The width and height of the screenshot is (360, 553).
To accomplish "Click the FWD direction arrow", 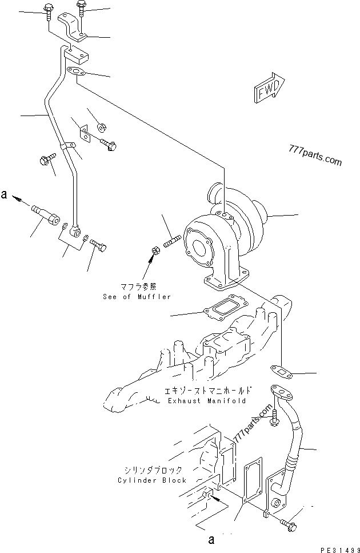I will pos(267,89).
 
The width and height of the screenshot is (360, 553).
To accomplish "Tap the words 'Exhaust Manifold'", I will pos(206,401).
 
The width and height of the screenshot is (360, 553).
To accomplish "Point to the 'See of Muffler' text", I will pos(137,297).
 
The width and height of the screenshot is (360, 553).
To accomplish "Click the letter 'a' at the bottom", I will pos(211,538).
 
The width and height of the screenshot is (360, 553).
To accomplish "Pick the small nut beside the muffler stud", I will pos(155,250).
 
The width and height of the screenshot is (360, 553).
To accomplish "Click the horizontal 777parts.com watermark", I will pos(315,156).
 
